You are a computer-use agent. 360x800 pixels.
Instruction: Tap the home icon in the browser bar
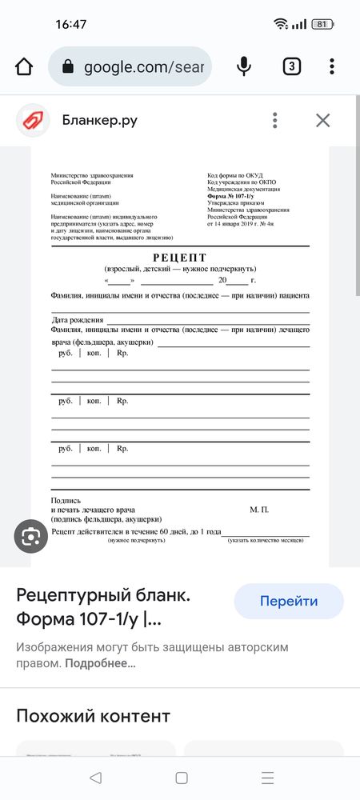(24, 66)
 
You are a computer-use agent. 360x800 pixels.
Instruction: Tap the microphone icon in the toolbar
(244, 66)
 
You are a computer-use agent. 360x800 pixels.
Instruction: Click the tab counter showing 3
(291, 66)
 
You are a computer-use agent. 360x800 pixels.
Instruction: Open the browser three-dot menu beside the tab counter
(331, 66)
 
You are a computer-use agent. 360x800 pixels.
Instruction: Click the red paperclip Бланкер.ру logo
(33, 121)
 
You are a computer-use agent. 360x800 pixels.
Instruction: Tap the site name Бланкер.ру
(100, 121)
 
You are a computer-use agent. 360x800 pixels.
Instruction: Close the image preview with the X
(322, 121)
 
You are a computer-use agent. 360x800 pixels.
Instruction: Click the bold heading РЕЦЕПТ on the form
(179, 258)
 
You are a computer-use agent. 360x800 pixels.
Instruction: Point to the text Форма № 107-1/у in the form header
(230, 196)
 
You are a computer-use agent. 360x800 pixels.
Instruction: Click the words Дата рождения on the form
(78, 320)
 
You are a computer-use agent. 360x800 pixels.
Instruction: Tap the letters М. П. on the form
(259, 510)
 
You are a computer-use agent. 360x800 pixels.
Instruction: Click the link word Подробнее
(100, 663)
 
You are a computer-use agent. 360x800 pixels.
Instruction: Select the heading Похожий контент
(93, 715)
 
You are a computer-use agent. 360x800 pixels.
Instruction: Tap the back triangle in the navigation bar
(95, 778)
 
